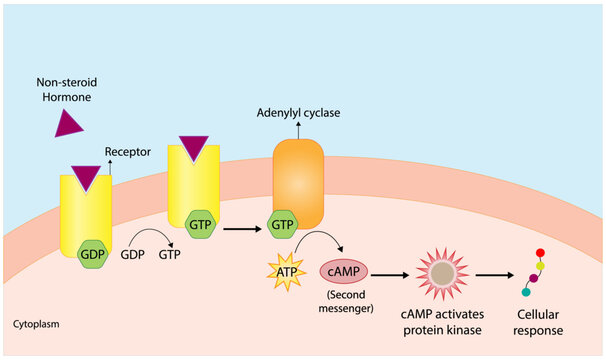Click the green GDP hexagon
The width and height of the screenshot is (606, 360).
[x=93, y=254]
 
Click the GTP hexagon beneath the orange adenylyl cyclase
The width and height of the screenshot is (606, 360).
[x=284, y=226]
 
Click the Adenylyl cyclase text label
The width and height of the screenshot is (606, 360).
[x=300, y=113]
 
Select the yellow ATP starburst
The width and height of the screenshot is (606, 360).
[x=285, y=270]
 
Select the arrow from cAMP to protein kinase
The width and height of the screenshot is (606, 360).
[x=386, y=272]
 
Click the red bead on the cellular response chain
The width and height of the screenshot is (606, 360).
[x=541, y=253]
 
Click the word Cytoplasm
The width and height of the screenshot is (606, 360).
[x=40, y=325]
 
